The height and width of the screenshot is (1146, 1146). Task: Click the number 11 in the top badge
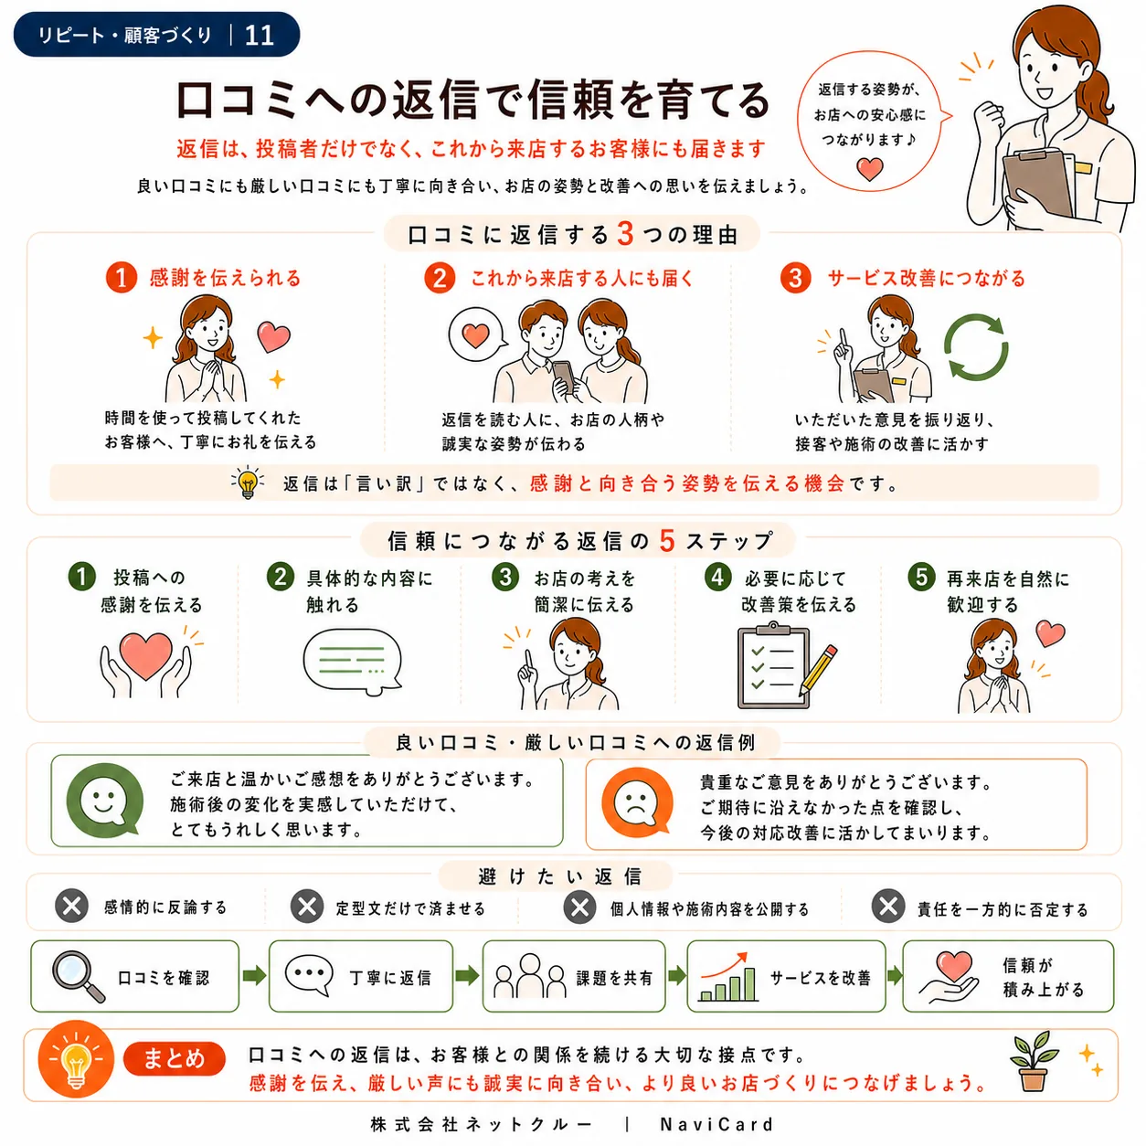click(x=260, y=35)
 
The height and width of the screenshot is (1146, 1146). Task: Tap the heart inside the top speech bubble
click(x=869, y=169)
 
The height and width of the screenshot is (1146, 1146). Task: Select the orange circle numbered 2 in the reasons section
click(x=440, y=279)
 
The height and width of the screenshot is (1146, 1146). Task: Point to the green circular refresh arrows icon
click(x=976, y=347)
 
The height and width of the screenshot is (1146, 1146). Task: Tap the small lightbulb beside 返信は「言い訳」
click(x=248, y=483)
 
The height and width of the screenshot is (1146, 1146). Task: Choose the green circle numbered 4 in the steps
click(x=717, y=577)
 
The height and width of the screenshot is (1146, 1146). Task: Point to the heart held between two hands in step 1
click(x=145, y=656)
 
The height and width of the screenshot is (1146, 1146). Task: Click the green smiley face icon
click(x=105, y=800)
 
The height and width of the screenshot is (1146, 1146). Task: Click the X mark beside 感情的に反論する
click(x=72, y=907)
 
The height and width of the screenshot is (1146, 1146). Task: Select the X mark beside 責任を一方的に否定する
click(x=888, y=906)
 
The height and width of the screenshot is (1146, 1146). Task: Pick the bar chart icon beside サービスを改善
click(x=727, y=977)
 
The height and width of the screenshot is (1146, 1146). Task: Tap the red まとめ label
click(x=175, y=1058)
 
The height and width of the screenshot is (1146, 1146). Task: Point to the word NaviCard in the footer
click(x=716, y=1124)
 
